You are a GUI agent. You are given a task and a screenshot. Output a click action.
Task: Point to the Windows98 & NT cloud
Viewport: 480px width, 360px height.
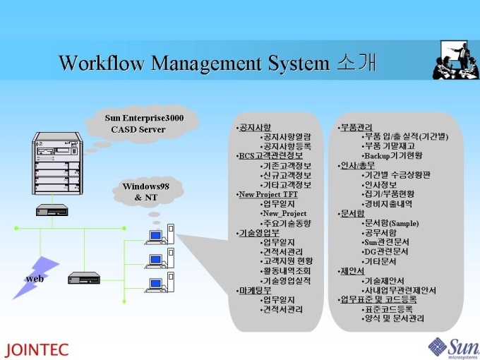tap(146, 191)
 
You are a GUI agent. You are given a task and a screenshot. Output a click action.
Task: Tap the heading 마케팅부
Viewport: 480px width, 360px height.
tap(255, 290)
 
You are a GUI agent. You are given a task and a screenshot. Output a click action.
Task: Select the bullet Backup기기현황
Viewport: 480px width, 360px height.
tap(392, 155)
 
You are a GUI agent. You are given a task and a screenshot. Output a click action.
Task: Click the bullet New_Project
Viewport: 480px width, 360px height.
tap(284, 213)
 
